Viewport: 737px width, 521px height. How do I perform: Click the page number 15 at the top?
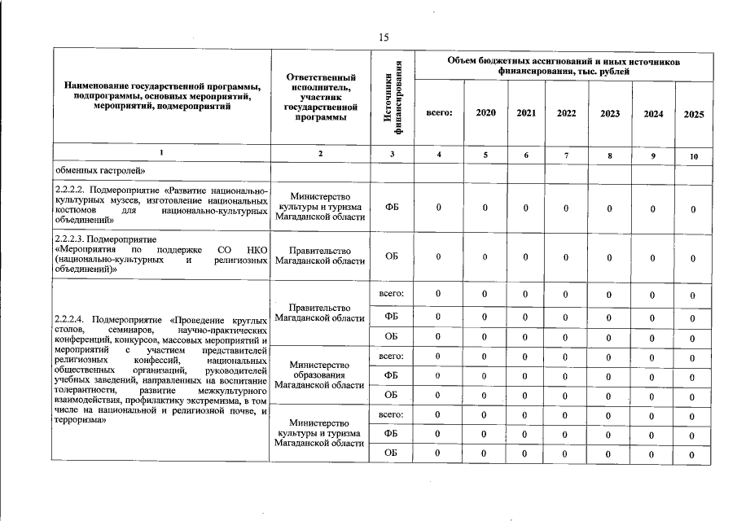pyautogui.click(x=384, y=37)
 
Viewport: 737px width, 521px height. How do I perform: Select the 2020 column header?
pyautogui.click(x=485, y=113)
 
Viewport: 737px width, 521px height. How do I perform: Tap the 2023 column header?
pyautogui.click(x=610, y=114)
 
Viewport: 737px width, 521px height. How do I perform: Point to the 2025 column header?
pyautogui.click(x=694, y=115)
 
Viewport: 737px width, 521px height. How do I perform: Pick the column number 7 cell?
pyautogui.click(x=567, y=155)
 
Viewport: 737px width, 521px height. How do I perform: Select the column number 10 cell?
pyautogui.click(x=694, y=155)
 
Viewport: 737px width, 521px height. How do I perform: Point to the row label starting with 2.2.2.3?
pyautogui.click(x=160, y=254)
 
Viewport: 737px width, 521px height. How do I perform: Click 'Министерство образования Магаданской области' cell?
pyautogui.click(x=320, y=374)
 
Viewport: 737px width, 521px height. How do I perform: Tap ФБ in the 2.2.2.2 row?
pyautogui.click(x=392, y=208)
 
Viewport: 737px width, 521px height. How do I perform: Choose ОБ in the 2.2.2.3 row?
pyautogui.click(x=392, y=256)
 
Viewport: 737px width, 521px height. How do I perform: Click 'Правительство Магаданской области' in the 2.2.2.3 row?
pyautogui.click(x=320, y=256)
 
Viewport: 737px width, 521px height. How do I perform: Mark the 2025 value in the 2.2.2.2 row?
pyautogui.click(x=693, y=209)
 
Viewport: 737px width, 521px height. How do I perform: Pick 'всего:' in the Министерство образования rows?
pyautogui.click(x=392, y=356)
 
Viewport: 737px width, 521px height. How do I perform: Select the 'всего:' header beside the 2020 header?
pyautogui.click(x=439, y=113)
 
